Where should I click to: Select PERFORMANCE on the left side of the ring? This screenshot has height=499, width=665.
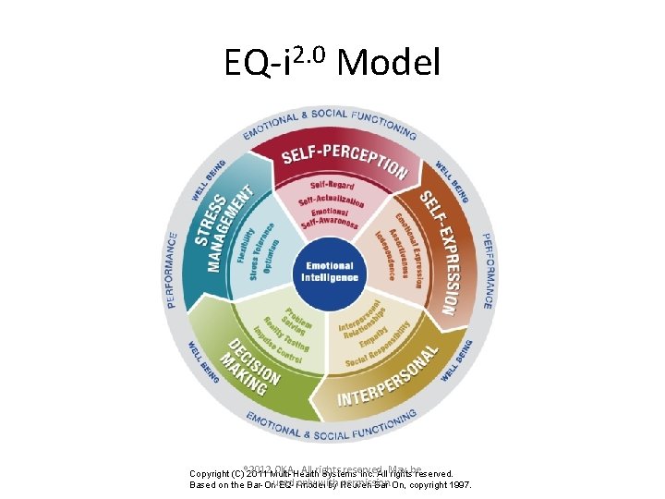[x=173, y=271]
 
